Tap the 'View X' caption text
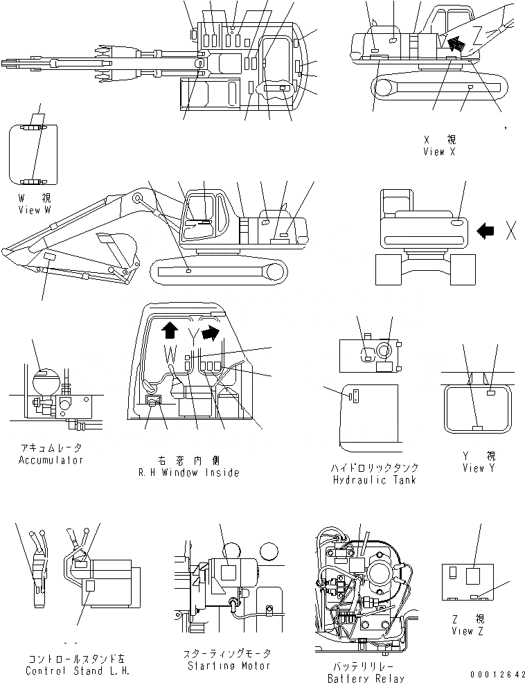[438, 152]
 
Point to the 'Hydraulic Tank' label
[374, 479]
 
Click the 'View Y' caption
[479, 468]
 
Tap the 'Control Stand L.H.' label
[77, 671]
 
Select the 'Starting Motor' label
[226, 666]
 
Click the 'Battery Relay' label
[364, 678]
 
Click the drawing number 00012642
[492, 674]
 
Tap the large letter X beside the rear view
[511, 231]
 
